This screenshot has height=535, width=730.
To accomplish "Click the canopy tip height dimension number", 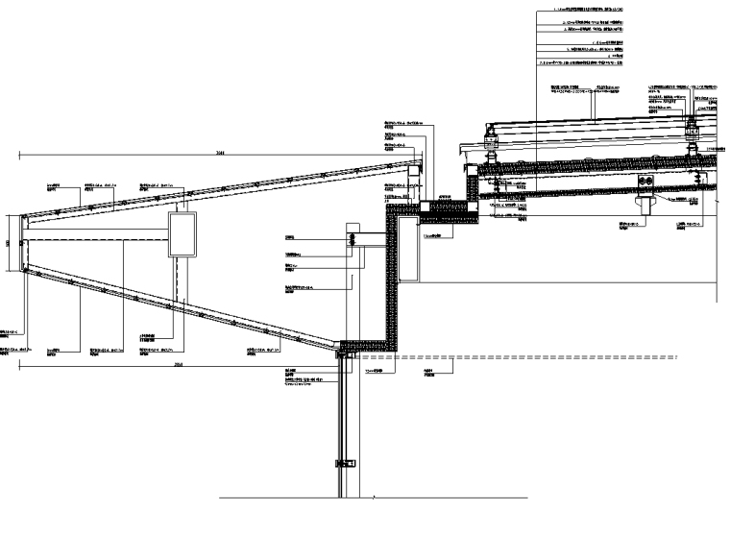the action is point(9,243).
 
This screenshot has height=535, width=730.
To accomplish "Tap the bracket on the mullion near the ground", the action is point(339,464).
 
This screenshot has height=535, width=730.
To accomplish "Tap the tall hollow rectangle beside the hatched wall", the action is point(406,249).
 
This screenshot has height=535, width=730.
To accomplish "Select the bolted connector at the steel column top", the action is point(353,238).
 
